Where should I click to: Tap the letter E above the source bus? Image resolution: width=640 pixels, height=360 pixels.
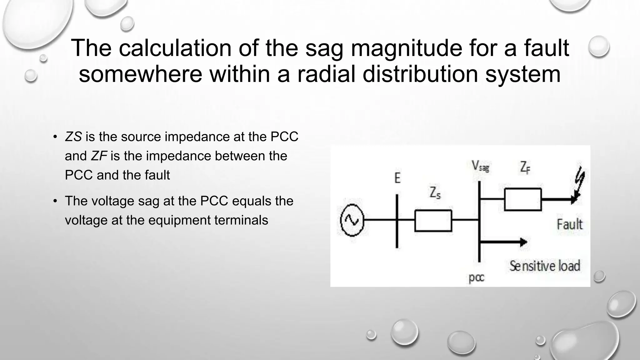coord(397,178)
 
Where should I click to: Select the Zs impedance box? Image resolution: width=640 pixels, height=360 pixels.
coord(433,221)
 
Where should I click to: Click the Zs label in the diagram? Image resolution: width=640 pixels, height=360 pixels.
coord(435,193)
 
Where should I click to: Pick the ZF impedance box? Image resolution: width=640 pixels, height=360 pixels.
coord(523,199)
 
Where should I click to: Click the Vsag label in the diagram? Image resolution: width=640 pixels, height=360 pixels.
coord(480,166)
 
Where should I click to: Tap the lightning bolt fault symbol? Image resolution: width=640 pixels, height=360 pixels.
coord(580,183)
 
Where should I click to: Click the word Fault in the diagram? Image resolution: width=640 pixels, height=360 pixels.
coord(569,224)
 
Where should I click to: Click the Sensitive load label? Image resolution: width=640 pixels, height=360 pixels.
coord(545,266)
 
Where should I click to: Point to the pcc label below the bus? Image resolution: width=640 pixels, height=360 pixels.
coord(476,277)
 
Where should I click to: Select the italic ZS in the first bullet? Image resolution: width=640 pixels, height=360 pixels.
coord(73,137)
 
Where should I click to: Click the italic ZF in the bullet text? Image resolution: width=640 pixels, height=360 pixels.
coord(99,156)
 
